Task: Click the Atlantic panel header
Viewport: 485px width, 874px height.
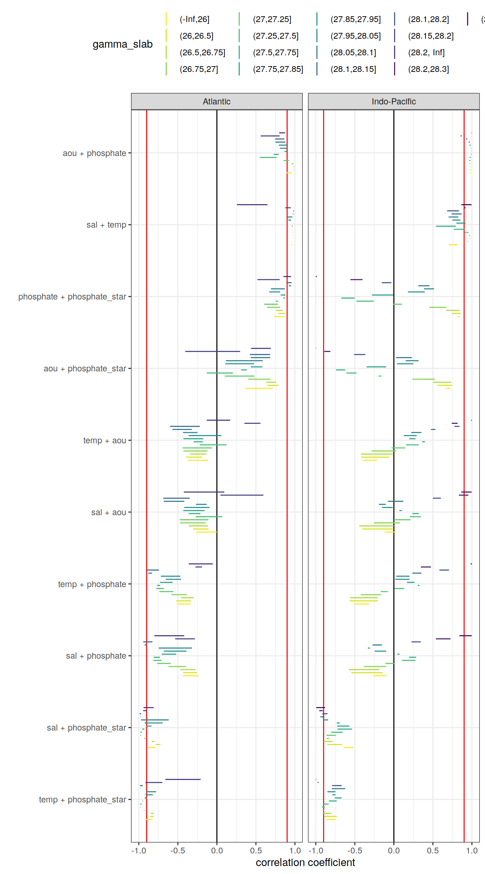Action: (217, 102)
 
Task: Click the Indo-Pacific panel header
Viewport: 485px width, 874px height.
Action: (393, 102)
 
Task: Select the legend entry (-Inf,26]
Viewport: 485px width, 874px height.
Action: (195, 19)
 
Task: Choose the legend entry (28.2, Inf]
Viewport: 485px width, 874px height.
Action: (426, 52)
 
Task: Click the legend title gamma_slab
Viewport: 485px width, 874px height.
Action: (122, 44)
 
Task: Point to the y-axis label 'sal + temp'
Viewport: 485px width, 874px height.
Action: (106, 225)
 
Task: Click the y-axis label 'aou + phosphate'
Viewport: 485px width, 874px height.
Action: (94, 153)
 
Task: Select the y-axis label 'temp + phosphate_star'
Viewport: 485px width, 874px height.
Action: (82, 800)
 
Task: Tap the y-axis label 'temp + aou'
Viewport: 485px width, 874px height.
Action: (104, 440)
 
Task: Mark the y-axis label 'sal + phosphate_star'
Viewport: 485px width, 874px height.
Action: (86, 728)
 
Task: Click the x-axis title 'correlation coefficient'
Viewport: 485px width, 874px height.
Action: (305, 862)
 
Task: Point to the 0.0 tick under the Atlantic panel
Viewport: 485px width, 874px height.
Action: (217, 851)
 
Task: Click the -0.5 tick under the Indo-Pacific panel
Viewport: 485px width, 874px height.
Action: (354, 851)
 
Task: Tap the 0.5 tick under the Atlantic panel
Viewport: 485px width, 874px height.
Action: (256, 851)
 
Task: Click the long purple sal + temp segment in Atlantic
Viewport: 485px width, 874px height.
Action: (252, 204)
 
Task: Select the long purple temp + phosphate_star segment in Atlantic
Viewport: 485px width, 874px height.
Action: (183, 779)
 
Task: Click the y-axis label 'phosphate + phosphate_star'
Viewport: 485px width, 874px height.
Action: (72, 297)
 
